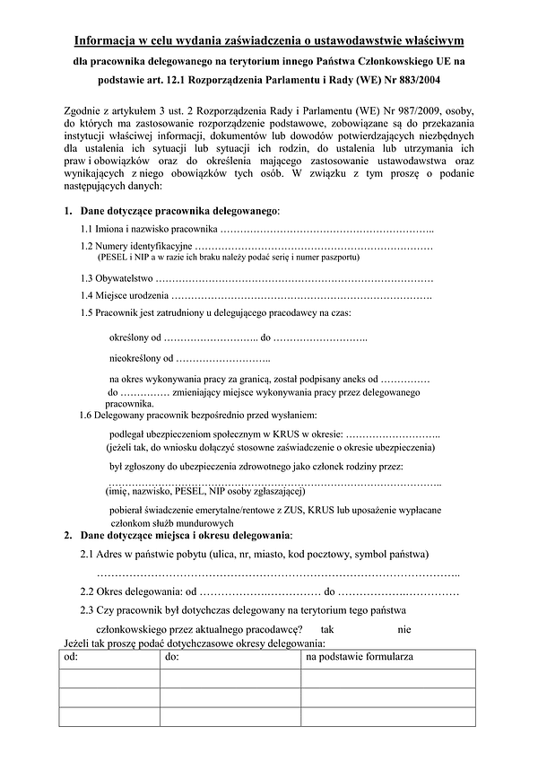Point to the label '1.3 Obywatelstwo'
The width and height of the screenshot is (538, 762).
pyautogui.click(x=117, y=279)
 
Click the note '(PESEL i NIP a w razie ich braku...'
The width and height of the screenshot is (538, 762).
pyautogui.click(x=229, y=257)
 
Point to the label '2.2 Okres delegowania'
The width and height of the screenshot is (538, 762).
pyautogui.click(x=131, y=591)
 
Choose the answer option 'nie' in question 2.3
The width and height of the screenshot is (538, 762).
pyautogui.click(x=404, y=629)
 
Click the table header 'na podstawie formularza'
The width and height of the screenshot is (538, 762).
pyautogui.click(x=359, y=658)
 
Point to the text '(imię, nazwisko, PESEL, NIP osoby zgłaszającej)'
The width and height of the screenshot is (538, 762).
pyautogui.click(x=205, y=492)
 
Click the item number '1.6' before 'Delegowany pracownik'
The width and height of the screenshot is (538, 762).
pyautogui.click(x=87, y=416)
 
